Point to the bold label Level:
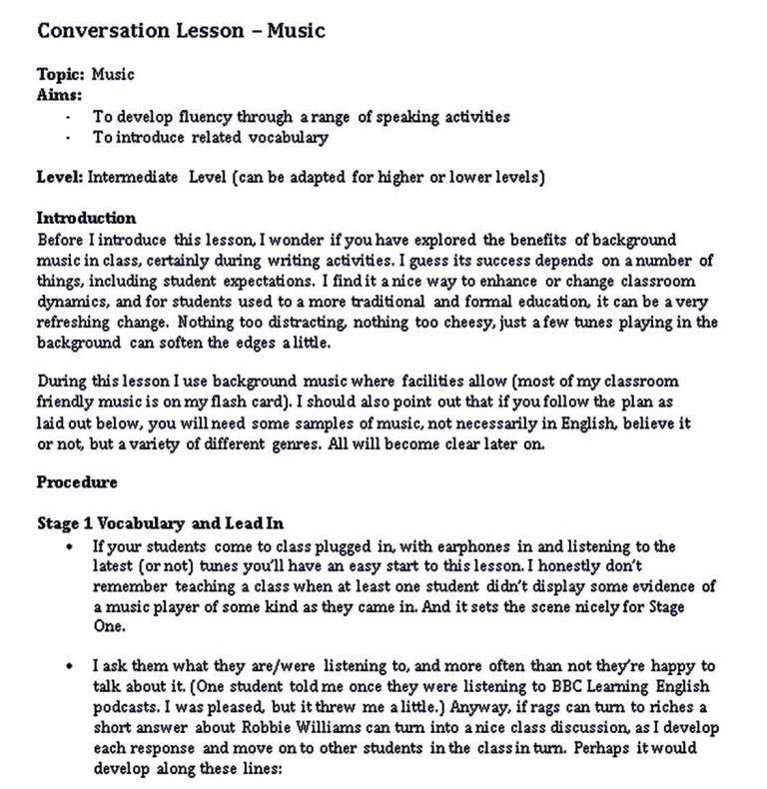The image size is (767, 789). [x=60, y=179]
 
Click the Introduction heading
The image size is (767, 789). [x=86, y=218]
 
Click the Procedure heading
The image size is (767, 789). [x=77, y=482]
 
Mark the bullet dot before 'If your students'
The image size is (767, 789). [x=69, y=547]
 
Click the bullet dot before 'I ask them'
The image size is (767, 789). [x=69, y=663]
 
